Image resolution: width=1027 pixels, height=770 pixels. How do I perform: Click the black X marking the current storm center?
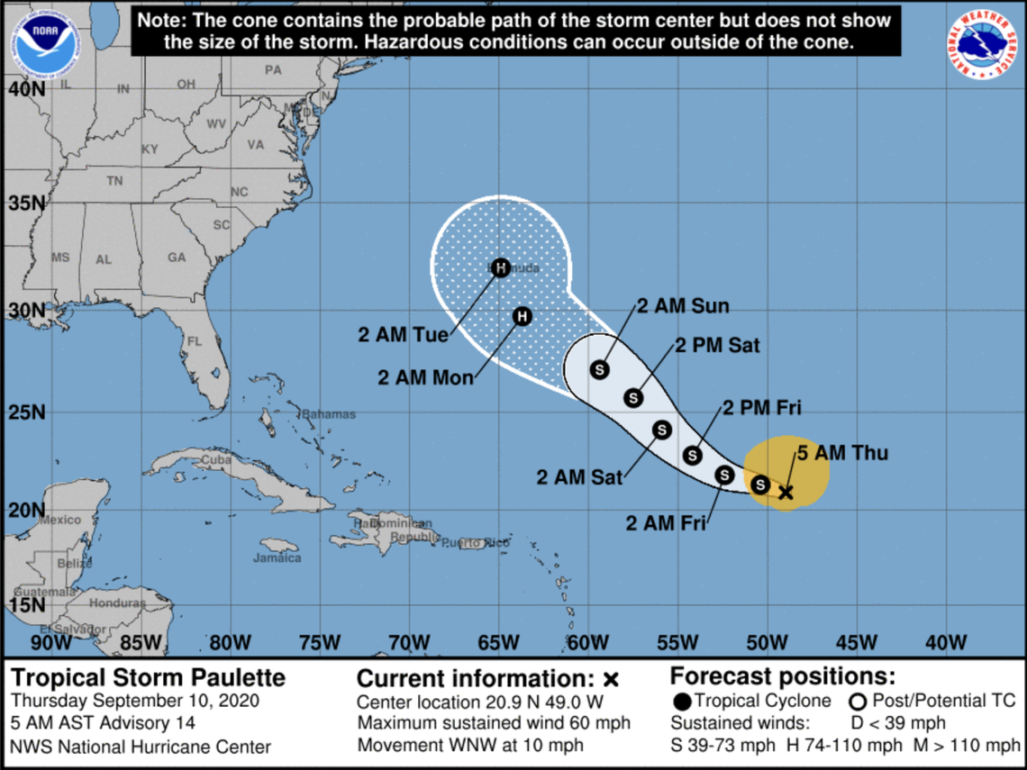pos(786,492)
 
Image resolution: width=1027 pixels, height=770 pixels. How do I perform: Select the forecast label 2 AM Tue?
pos(403,335)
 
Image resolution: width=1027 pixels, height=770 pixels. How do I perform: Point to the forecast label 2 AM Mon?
pos(425,377)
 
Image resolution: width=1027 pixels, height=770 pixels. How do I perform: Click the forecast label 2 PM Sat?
pos(718,345)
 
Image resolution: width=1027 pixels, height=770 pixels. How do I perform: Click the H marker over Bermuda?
pos(501,267)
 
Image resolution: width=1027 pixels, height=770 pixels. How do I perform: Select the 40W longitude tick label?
pos(945,642)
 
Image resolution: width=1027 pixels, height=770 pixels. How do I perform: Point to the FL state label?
pos(194,341)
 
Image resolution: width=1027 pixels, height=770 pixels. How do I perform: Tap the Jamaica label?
pos(277,557)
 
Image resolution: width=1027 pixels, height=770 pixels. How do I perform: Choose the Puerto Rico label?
pos(475,542)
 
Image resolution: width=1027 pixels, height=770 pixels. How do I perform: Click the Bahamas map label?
pos(328,414)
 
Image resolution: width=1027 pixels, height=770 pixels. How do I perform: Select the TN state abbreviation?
pos(114,181)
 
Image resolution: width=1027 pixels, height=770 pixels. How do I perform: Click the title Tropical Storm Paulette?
pos(148,677)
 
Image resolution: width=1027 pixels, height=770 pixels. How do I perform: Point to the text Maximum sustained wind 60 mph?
pos(494,723)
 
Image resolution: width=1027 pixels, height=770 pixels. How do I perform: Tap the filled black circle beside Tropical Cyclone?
pos(682,701)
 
